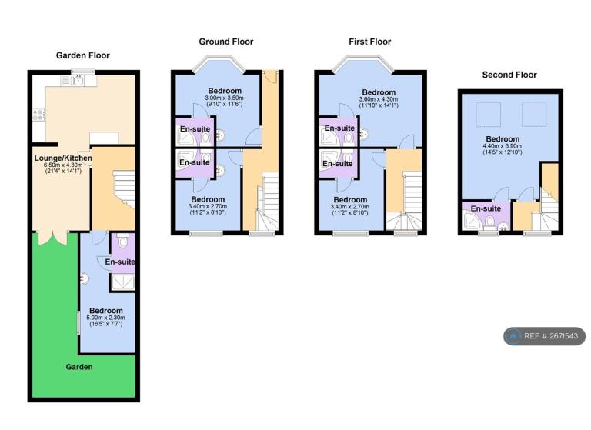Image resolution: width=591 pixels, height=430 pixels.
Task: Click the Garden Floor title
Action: coord(83,55)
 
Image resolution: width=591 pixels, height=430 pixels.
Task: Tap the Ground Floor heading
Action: coord(226,42)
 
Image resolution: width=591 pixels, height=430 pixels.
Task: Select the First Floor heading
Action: coord(369,42)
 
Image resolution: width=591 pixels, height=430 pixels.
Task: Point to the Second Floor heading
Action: coord(509,75)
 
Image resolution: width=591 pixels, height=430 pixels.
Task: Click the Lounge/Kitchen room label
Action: coord(63,158)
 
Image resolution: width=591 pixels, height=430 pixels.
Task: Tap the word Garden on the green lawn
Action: coord(79,367)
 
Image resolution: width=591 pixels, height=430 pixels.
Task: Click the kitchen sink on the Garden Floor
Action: coord(78,80)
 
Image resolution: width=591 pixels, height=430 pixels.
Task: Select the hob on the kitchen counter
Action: coord(38,115)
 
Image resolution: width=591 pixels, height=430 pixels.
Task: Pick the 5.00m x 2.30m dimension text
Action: coord(106,318)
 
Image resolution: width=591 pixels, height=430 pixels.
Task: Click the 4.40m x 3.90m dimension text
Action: coord(503,146)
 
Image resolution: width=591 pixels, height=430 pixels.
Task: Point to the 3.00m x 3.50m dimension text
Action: coord(224,98)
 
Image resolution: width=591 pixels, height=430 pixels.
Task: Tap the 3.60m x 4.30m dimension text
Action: coord(379,99)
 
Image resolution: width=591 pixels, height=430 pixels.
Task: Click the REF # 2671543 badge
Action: coord(545,336)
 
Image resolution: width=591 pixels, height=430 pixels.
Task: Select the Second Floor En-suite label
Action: coord(486,208)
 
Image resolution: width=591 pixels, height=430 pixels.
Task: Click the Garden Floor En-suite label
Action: coord(120,262)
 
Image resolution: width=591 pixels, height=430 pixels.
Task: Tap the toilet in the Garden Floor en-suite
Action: coord(122,241)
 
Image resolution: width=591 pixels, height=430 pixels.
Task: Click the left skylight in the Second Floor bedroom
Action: coord(489,114)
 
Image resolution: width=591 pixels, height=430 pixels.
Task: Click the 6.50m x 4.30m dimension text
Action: coord(63,165)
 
